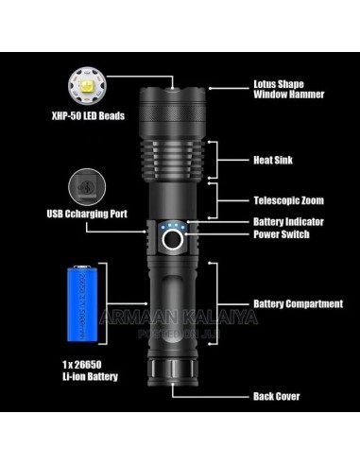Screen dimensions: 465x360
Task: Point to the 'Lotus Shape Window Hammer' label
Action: tap(289, 88)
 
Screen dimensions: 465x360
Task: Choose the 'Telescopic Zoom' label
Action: tap(290, 201)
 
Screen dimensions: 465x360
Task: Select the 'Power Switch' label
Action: tap(283, 233)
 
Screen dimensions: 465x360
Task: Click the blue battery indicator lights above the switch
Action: tap(173, 227)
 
